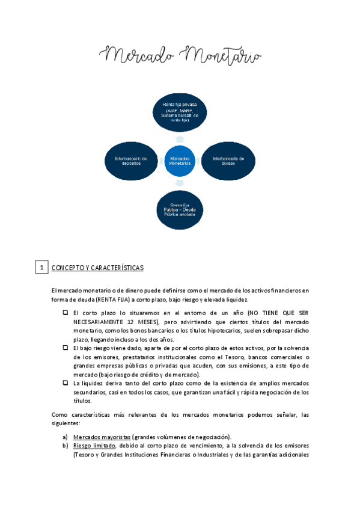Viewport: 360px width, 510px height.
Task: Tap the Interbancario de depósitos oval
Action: (x=130, y=161)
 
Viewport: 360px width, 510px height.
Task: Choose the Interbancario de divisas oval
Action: (x=228, y=161)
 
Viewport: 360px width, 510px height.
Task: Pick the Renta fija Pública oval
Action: (x=179, y=209)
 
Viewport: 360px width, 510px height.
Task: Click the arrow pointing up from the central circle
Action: (x=180, y=138)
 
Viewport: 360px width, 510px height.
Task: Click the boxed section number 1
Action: (x=41, y=267)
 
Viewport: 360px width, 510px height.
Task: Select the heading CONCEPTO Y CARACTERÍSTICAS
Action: (x=97, y=268)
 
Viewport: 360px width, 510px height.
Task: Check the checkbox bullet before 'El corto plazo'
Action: (x=65, y=313)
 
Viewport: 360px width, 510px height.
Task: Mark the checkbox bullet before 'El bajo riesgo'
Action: (x=65, y=348)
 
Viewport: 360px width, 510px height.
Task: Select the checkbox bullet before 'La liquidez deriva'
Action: (x=65, y=382)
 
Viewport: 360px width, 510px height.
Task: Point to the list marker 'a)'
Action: (x=66, y=436)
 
